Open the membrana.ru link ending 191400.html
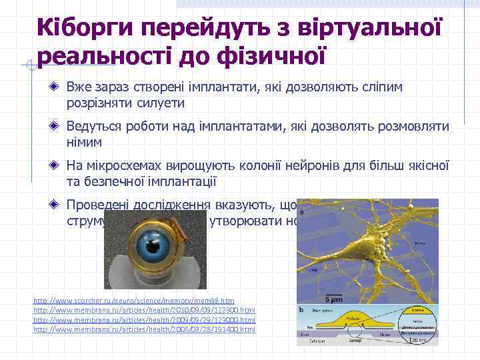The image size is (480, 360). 144,329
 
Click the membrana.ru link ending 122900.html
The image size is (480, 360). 144,311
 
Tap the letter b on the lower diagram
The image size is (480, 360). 303,311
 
